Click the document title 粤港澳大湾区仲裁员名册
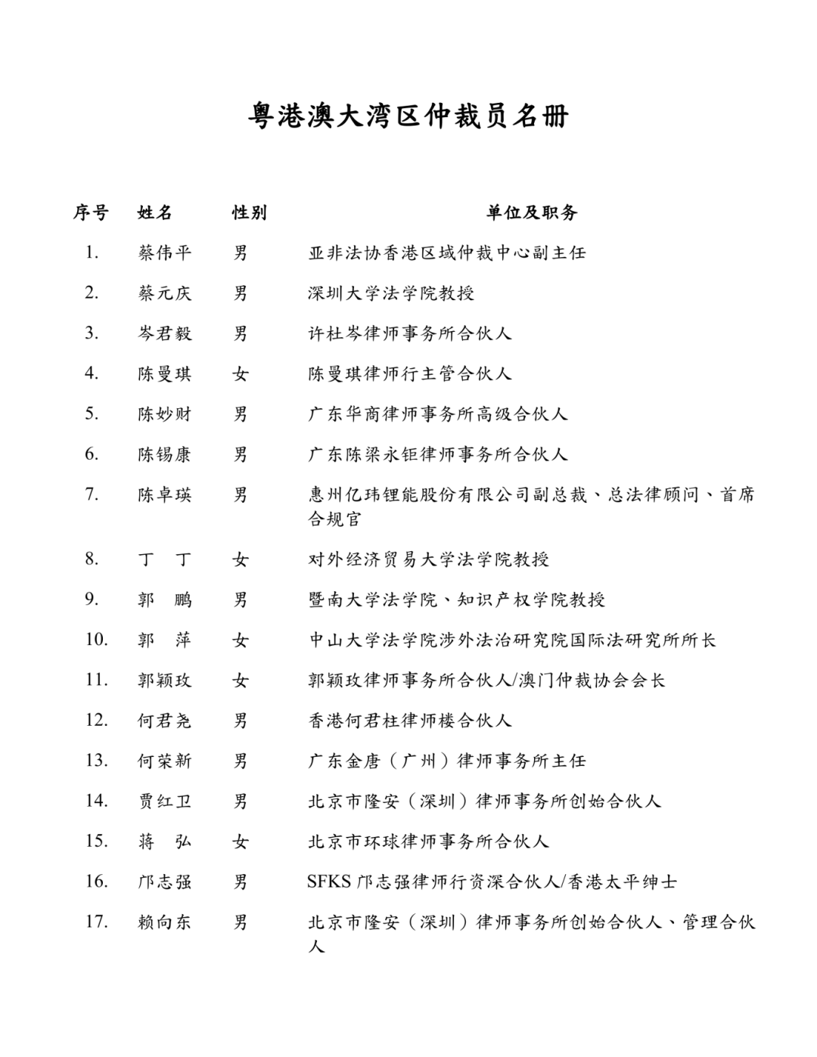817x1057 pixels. tap(408, 116)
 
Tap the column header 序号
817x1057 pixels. tap(91, 212)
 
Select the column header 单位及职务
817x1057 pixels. tap(532, 212)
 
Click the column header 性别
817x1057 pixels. tap(249, 212)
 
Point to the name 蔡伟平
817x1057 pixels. tap(165, 253)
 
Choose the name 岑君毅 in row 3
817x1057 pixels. tap(165, 333)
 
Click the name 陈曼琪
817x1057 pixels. tap(165, 374)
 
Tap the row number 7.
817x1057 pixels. tap(92, 494)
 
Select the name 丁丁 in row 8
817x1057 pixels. tap(165, 559)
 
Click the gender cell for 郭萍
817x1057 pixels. tap(241, 640)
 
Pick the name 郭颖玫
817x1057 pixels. tap(165, 680)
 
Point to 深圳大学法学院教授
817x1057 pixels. tap(391, 293)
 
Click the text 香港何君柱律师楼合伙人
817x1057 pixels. tap(410, 721)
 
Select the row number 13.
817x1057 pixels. tap(96, 760)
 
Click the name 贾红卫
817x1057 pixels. tap(165, 801)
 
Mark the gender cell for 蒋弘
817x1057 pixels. tap(241, 842)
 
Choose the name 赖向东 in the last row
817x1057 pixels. tap(165, 922)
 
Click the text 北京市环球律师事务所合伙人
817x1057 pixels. tap(428, 842)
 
